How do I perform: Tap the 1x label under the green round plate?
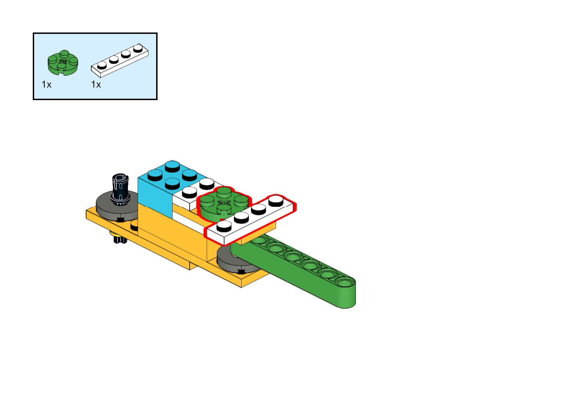coord(46,84)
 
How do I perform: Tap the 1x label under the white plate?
coord(96,84)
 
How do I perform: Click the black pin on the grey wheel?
coord(120,188)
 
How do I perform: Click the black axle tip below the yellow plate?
coord(120,240)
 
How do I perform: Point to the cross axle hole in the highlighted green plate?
coord(224,202)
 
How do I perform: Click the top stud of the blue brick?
coord(172,166)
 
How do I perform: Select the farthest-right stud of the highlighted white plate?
coord(276,200)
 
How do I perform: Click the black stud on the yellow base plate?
coord(134,226)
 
